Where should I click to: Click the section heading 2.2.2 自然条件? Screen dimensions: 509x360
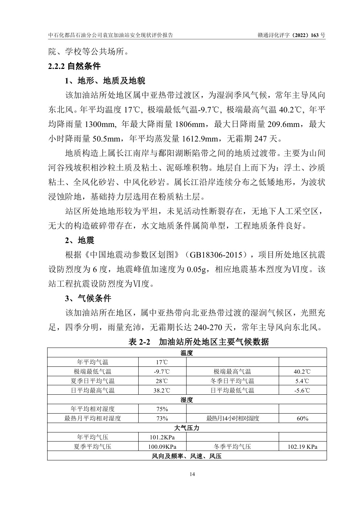pyautogui.click(x=74, y=66)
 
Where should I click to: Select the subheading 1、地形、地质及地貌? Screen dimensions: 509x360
pyautogui.click(x=105, y=81)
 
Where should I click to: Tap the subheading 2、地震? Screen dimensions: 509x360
pyautogui.click(x=79, y=240)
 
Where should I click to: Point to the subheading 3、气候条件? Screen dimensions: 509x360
pyautogui.click(x=88, y=299)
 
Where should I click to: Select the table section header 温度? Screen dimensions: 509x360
pyautogui.click(x=187, y=353)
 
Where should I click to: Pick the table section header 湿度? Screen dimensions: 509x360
pyautogui.click(x=187, y=400)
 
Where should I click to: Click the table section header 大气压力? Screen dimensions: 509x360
pyautogui.click(x=187, y=428)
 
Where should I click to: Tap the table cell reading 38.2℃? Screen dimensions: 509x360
pyautogui.click(x=162, y=390)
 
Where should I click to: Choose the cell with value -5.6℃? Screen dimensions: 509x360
pyautogui.click(x=302, y=390)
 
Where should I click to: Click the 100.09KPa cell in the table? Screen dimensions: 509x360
pyautogui.click(x=162, y=447)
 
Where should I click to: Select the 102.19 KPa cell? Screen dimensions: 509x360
pyautogui.click(x=302, y=447)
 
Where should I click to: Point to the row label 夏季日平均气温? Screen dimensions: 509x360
pyautogui.click(x=93, y=381)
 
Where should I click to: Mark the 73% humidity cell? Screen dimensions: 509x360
pyautogui.click(x=162, y=419)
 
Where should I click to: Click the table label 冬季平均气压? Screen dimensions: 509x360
pyautogui.click(x=232, y=447)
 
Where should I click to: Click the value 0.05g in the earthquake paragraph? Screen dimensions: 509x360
pyautogui.click(x=197, y=269)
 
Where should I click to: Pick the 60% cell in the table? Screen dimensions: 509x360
pyautogui.click(x=302, y=419)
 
